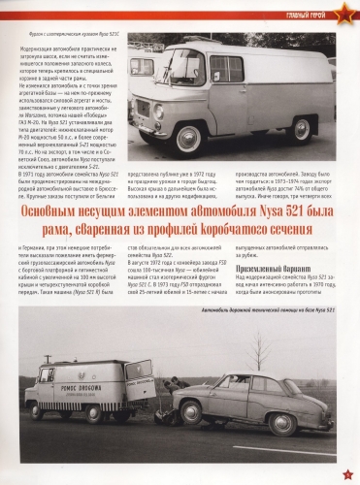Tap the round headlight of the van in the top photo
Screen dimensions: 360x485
157,113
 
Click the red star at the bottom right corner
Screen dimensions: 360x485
346,473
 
